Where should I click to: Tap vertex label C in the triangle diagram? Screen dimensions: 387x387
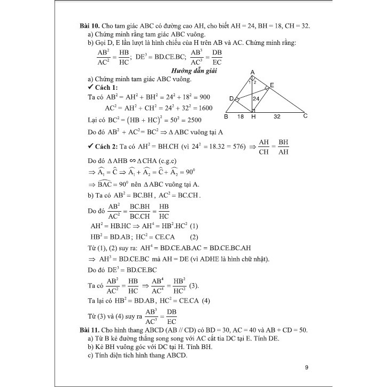(305, 116)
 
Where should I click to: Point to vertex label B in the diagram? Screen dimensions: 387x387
(226, 116)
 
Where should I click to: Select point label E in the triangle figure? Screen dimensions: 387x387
(272, 86)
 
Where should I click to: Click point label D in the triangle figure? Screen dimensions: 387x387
(231, 99)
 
